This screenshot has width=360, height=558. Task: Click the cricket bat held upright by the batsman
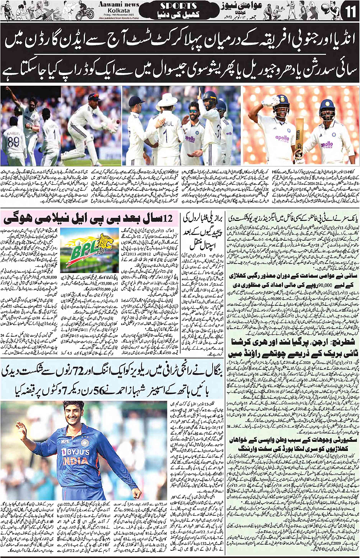(300, 137)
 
